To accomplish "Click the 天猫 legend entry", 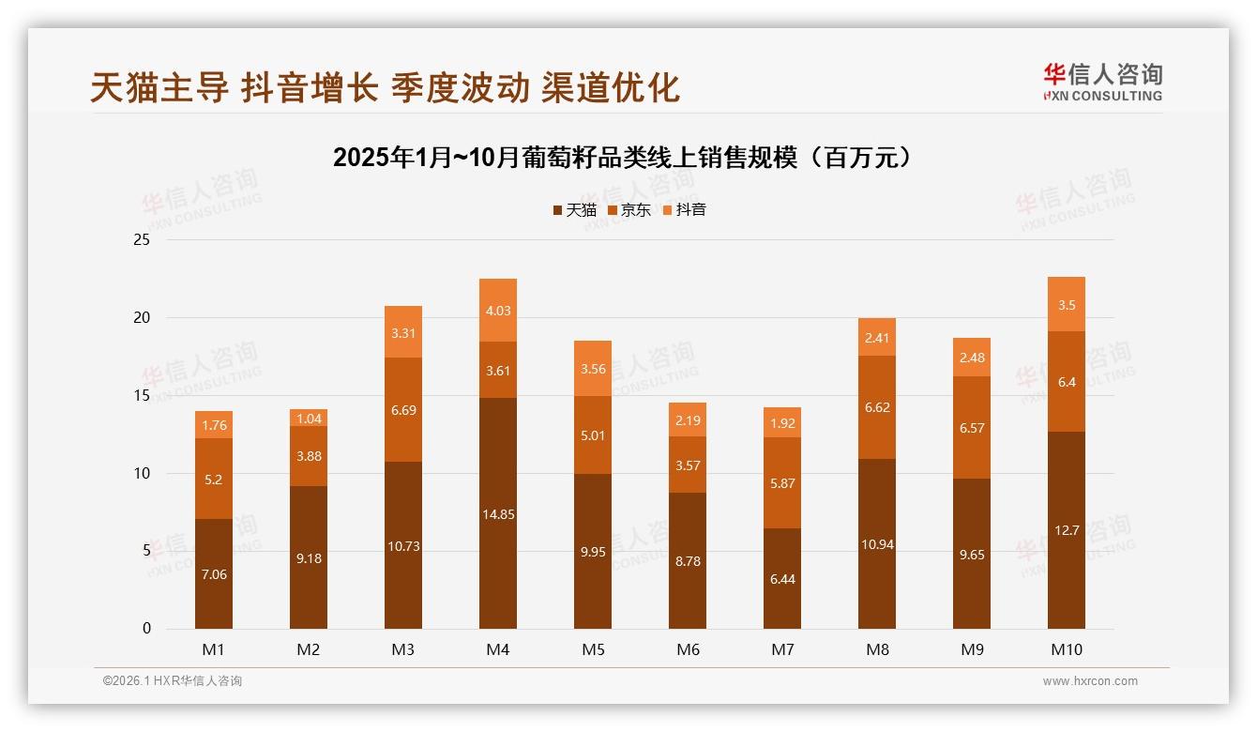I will point(574,209).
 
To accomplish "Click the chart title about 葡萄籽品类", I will point(622,157).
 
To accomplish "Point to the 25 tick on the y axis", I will point(142,240).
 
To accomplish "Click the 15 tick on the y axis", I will point(142,396).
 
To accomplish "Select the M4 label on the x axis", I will point(498,649).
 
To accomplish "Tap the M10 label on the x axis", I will point(1067,649).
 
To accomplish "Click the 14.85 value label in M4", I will point(498,514).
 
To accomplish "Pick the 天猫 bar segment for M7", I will point(782,579).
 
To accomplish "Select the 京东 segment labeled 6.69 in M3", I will point(403,410).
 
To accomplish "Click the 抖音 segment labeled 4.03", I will point(498,311).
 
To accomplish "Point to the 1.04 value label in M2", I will point(309,419).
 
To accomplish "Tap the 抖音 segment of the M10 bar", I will point(1067,305).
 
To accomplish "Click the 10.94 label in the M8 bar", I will point(877,544).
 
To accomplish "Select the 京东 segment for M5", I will point(593,435).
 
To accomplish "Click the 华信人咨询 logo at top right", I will point(1102,83).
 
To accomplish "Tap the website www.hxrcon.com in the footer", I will point(1090,681).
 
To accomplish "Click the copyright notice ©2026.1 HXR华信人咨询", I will point(173,681).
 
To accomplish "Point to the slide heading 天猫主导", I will point(159,87).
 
